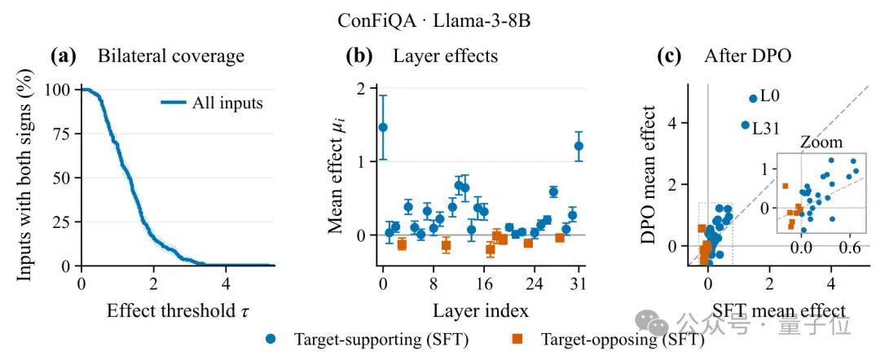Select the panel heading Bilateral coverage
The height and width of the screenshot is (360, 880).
[170, 56]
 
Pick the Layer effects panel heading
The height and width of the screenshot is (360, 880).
[445, 56]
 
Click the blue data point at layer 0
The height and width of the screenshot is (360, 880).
[383, 127]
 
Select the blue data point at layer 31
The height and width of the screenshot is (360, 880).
[579, 146]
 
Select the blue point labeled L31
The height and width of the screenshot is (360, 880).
[746, 125]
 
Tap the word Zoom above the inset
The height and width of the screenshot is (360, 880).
[821, 143]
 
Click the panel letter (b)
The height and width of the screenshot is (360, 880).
[361, 56]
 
